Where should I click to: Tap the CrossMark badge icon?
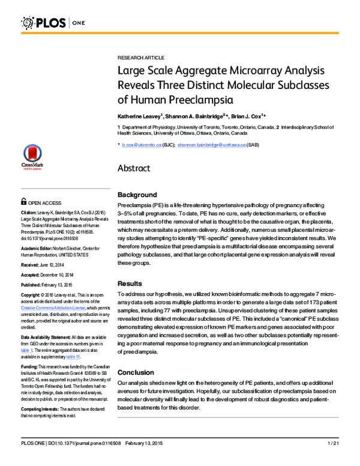pos(31,157)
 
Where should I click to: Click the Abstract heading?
pos(137,168)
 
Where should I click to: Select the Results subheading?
pos(130,283)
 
